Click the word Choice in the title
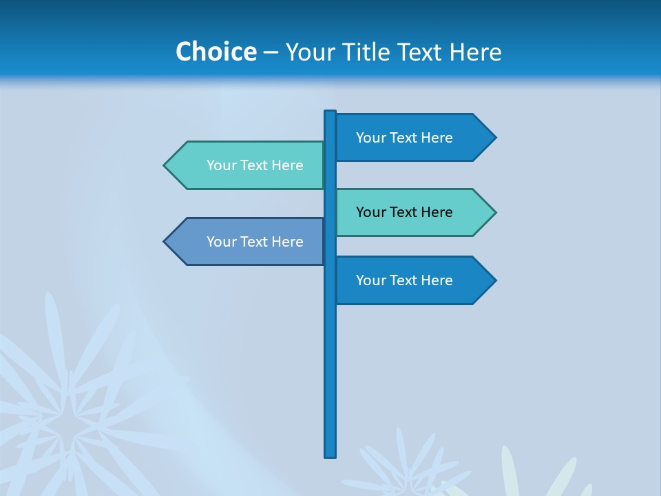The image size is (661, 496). (216, 52)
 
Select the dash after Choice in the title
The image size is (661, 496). (271, 52)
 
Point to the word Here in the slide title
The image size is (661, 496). (475, 52)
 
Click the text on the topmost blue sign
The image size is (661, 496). (404, 138)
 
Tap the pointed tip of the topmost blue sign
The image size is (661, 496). (494, 138)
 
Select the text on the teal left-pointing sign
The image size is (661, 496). (255, 165)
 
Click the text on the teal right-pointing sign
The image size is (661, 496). (404, 212)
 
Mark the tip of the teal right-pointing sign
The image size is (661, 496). (494, 212)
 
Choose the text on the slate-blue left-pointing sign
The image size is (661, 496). (255, 242)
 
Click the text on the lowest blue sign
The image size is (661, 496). (404, 280)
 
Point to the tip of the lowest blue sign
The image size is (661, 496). (494, 280)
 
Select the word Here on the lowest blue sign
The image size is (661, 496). (437, 280)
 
